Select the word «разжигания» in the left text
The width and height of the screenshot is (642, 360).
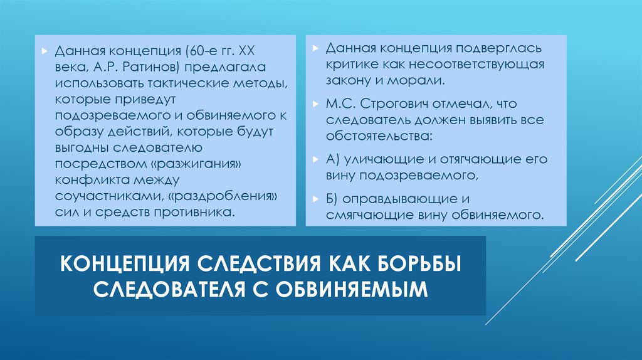(205, 164)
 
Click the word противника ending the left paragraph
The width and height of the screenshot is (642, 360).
(194, 213)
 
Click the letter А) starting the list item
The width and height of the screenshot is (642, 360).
(333, 159)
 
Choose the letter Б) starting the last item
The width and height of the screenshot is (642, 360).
(332, 199)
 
